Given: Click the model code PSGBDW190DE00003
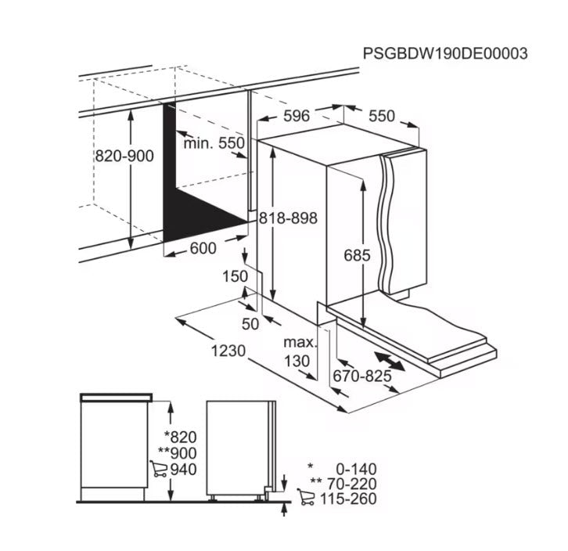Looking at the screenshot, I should (444, 53).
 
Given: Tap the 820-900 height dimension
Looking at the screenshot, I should (124, 156).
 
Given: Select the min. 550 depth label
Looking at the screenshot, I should (214, 143).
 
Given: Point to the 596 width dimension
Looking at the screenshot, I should (296, 116).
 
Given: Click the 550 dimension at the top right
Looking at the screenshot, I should (382, 116).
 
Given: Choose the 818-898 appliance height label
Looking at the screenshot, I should (289, 218).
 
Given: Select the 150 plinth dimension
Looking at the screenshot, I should (234, 276).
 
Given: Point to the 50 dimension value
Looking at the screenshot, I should (250, 323).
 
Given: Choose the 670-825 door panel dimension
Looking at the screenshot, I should (361, 376).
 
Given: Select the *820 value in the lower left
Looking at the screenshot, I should (180, 438).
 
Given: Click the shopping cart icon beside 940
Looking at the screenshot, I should (158, 470).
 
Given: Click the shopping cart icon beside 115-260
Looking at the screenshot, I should (306, 498).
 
